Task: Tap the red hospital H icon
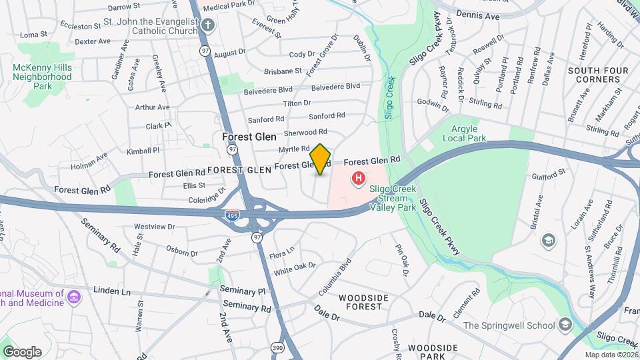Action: (359, 178)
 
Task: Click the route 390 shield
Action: (277, 347)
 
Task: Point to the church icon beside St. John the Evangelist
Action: (208, 26)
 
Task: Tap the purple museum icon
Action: (73, 296)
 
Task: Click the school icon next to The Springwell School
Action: (565, 325)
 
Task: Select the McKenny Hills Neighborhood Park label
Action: (42, 77)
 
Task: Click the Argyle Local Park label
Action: (465, 133)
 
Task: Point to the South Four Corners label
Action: (594, 75)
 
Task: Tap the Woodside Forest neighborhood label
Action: (361, 302)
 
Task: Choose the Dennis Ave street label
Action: (478, 15)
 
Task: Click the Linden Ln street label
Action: (112, 291)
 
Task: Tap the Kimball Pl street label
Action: (143, 151)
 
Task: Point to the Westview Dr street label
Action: (154, 227)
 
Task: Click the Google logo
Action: (22, 352)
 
